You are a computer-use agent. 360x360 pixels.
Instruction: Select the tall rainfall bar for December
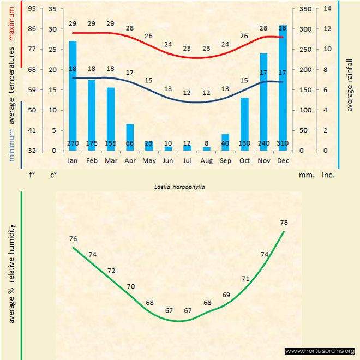283,87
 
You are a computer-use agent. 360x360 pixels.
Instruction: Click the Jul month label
187,161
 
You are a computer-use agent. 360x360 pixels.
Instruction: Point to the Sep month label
225,161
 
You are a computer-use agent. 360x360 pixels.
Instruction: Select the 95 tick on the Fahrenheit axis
33,9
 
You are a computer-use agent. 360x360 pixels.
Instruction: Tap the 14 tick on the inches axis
327,9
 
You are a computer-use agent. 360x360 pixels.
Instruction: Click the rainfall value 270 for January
73,143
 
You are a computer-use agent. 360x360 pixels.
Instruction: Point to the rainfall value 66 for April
130,143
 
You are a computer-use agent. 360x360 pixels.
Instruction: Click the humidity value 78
284,222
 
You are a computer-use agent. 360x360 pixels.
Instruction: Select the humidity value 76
74,238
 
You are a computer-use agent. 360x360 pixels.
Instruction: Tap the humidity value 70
131,286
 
